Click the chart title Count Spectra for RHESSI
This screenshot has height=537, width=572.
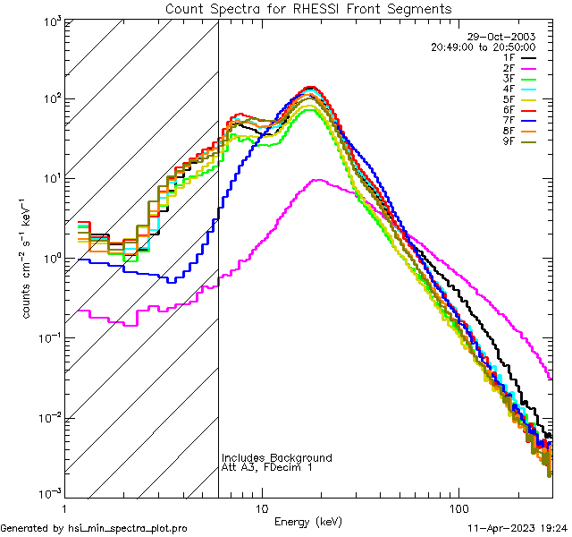[308, 9]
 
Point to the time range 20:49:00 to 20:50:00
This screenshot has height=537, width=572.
[483, 47]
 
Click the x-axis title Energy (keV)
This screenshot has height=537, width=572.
[308, 521]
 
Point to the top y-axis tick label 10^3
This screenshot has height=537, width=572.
[48, 21]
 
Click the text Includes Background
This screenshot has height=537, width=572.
[277, 458]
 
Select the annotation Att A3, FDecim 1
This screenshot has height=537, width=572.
[267, 468]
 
